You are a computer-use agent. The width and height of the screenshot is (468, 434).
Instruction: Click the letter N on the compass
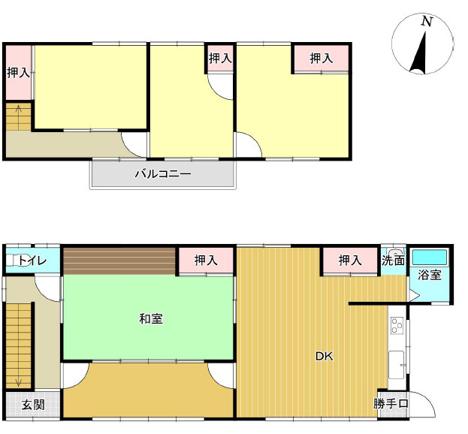pyautogui.click(x=427, y=21)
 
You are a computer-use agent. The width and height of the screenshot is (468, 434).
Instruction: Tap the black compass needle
pyautogui.click(x=418, y=54)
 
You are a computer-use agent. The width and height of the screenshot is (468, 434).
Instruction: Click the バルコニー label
pyautogui.click(x=163, y=173)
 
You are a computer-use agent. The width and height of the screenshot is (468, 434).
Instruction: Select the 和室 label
pyautogui.click(x=151, y=319)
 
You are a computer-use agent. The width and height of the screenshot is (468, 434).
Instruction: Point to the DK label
pyautogui.click(x=325, y=356)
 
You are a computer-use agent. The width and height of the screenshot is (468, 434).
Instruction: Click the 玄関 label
pyautogui.click(x=33, y=405)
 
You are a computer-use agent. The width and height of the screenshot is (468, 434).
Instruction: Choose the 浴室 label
pyautogui.click(x=430, y=275)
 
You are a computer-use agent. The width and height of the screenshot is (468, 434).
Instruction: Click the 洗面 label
pyautogui.click(x=394, y=261)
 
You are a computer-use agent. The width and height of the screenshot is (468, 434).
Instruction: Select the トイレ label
pyautogui.click(x=32, y=261)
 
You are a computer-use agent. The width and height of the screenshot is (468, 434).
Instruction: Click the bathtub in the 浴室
pyautogui.click(x=430, y=258)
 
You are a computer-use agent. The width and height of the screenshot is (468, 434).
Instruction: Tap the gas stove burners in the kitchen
pyautogui.click(x=397, y=325)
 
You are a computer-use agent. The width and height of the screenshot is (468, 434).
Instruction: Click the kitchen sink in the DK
pyautogui.click(x=397, y=365)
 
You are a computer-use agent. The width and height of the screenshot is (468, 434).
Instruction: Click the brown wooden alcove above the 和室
pyautogui.click(x=119, y=261)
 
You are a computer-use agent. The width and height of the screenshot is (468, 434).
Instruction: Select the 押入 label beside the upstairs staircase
pyautogui.click(x=19, y=73)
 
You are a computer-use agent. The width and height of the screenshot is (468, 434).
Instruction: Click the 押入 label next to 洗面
pyautogui.click(x=350, y=261)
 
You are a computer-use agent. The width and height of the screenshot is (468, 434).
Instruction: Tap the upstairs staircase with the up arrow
pyautogui.click(x=19, y=116)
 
